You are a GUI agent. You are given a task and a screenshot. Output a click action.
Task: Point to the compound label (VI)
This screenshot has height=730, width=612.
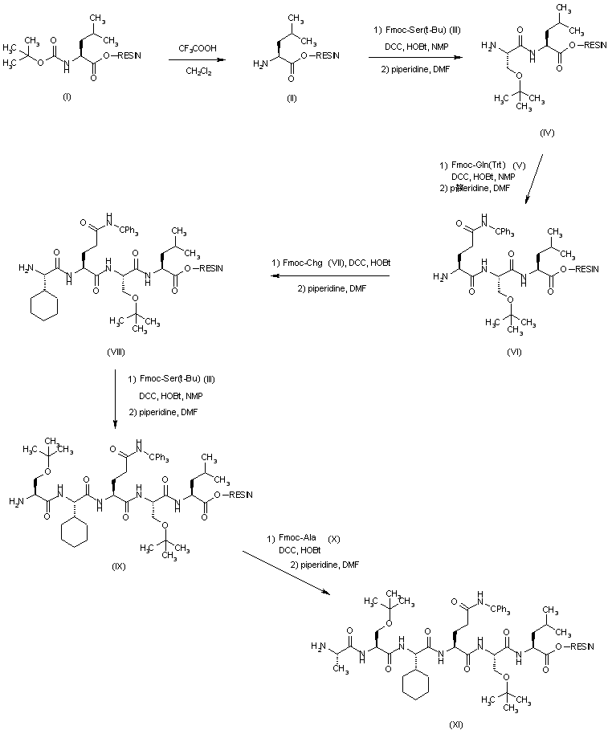515,352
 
